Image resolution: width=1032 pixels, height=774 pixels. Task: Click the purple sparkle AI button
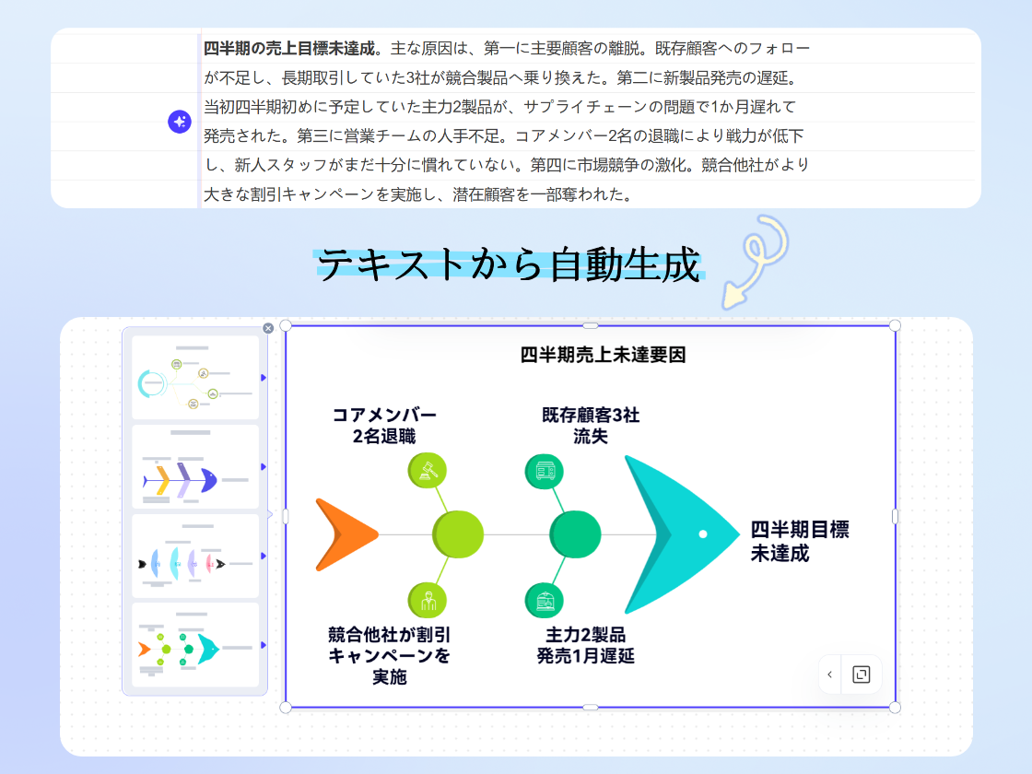pyautogui.click(x=179, y=122)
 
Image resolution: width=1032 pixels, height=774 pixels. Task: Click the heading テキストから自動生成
pyautogui.click(x=509, y=265)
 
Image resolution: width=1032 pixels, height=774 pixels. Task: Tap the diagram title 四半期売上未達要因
pyautogui.click(x=603, y=355)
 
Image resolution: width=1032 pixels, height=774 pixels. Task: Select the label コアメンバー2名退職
pyautogui.click(x=384, y=425)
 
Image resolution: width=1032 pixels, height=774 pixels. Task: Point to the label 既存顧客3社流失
pyautogui.click(x=591, y=425)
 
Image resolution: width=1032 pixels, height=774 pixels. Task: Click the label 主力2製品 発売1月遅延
pyautogui.click(x=585, y=645)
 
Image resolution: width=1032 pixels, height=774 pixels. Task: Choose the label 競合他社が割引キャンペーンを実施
pyautogui.click(x=389, y=655)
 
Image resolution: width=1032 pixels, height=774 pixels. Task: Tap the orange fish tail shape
pyautogui.click(x=343, y=534)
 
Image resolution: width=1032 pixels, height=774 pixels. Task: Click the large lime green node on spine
pyautogui.click(x=458, y=534)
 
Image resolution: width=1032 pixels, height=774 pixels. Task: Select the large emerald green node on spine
pyautogui.click(x=575, y=534)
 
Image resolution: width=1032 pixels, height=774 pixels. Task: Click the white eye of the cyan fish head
pyautogui.click(x=703, y=534)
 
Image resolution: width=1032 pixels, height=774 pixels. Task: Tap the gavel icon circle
pyautogui.click(x=427, y=470)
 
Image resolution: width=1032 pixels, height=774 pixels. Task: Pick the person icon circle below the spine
pyautogui.click(x=427, y=600)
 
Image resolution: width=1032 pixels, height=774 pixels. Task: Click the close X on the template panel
pyautogui.click(x=268, y=328)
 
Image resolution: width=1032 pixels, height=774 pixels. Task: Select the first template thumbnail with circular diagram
pyautogui.click(x=195, y=378)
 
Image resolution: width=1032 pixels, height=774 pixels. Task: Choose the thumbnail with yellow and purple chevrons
pyautogui.click(x=195, y=466)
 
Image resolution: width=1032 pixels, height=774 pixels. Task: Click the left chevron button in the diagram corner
pyautogui.click(x=829, y=674)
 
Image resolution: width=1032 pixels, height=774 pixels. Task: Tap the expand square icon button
pyautogui.click(x=862, y=674)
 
